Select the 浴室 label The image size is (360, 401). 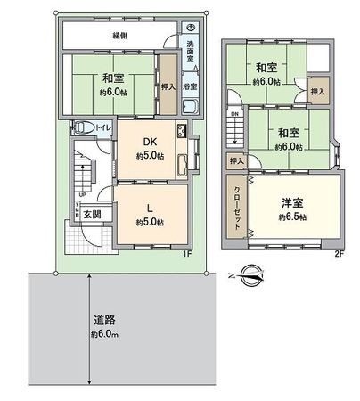click(190, 86)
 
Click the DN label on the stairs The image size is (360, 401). click(234, 115)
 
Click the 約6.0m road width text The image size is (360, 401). click(104, 335)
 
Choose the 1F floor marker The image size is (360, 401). click(186, 253)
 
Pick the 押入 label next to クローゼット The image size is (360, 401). click(235, 160)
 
